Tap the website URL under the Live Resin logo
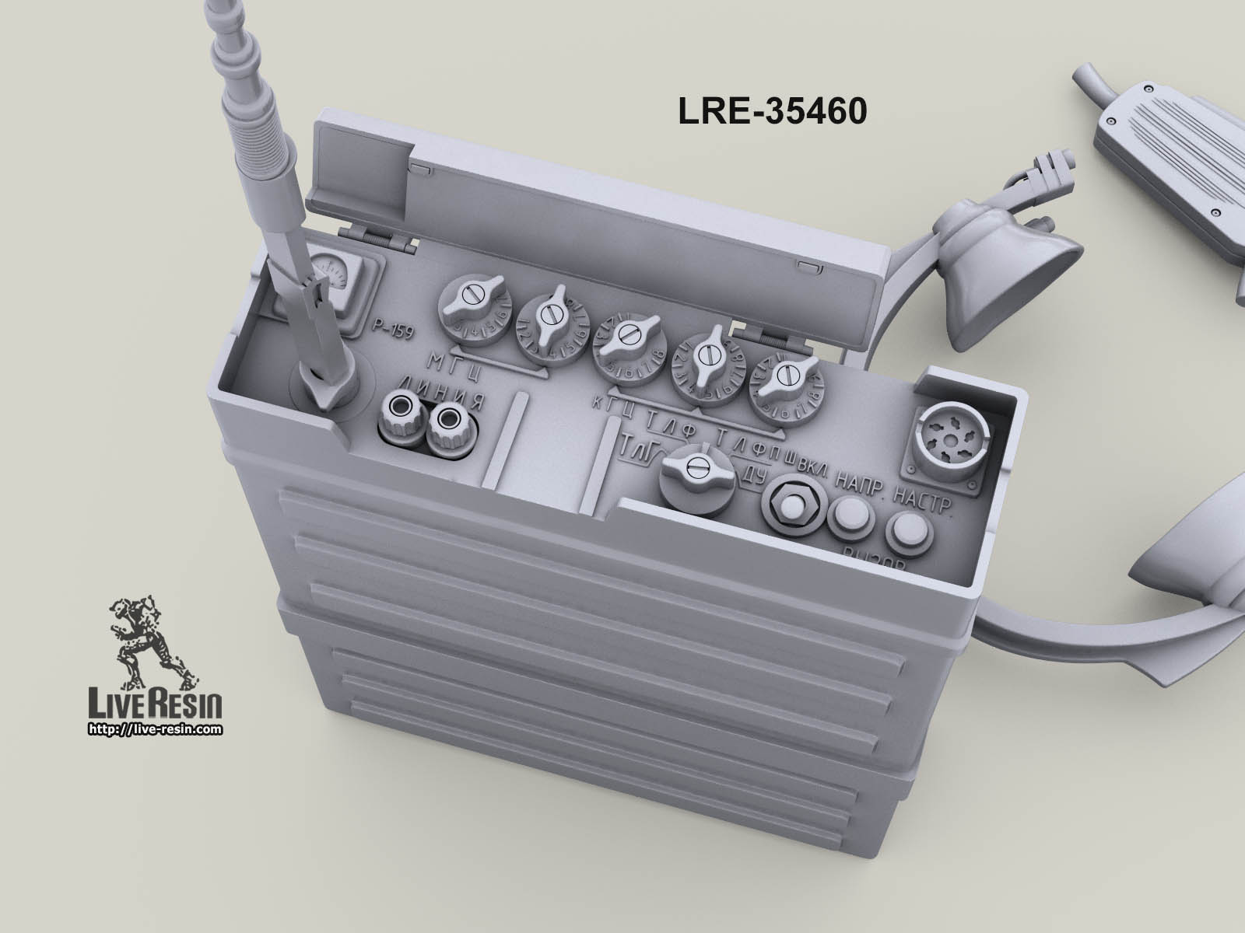(x=155, y=729)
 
